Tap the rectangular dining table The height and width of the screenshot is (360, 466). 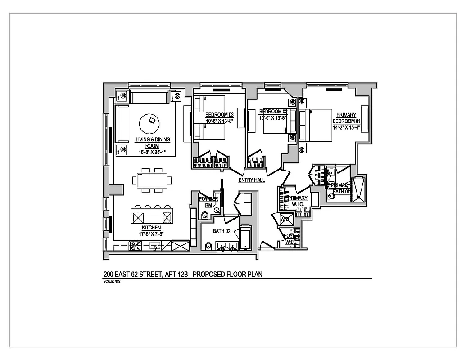(152, 181)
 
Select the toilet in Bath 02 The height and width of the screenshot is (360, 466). (208, 246)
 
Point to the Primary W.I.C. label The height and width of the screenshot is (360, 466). (298, 201)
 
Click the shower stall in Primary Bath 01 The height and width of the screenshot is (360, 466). (360, 189)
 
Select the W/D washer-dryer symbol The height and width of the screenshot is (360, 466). (285, 219)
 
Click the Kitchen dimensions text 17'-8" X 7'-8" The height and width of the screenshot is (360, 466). (151, 234)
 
